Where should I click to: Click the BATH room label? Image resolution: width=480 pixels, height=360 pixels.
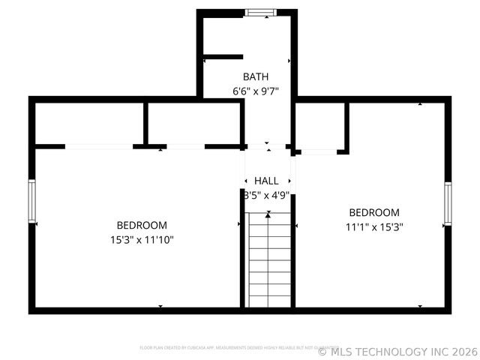(x=256, y=76)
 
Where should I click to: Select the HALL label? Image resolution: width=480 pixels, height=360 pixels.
(x=266, y=181)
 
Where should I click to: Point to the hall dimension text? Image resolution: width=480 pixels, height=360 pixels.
(x=267, y=195)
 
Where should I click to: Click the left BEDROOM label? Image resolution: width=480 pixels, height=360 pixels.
(x=142, y=225)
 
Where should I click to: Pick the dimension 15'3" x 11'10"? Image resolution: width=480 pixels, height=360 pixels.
(x=142, y=240)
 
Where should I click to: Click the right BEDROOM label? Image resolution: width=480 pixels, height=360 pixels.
(x=374, y=212)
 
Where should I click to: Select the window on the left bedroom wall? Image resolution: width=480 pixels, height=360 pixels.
(x=32, y=202)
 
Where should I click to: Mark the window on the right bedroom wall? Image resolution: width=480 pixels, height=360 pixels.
(x=447, y=204)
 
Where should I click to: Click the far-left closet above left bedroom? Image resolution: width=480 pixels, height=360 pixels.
(x=88, y=123)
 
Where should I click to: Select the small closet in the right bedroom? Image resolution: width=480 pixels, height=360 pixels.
(x=320, y=126)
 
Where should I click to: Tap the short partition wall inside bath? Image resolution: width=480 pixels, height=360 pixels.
(x=223, y=57)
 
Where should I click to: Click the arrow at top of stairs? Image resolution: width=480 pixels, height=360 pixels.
(x=268, y=214)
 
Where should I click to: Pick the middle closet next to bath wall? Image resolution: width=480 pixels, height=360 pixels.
(x=193, y=123)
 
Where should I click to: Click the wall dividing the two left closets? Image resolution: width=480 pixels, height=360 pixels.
(x=145, y=123)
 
